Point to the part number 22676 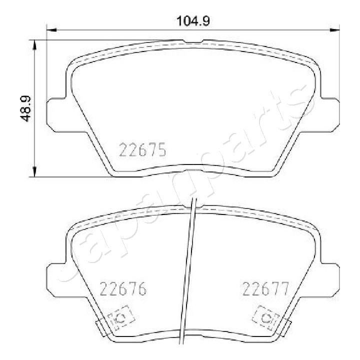click(x=123, y=288)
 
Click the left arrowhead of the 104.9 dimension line click(x=50, y=30)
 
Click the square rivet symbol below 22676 click(x=120, y=316)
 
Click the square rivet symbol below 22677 click(x=265, y=316)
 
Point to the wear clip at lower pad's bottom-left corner click(x=100, y=327)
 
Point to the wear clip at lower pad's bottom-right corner click(x=286, y=327)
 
